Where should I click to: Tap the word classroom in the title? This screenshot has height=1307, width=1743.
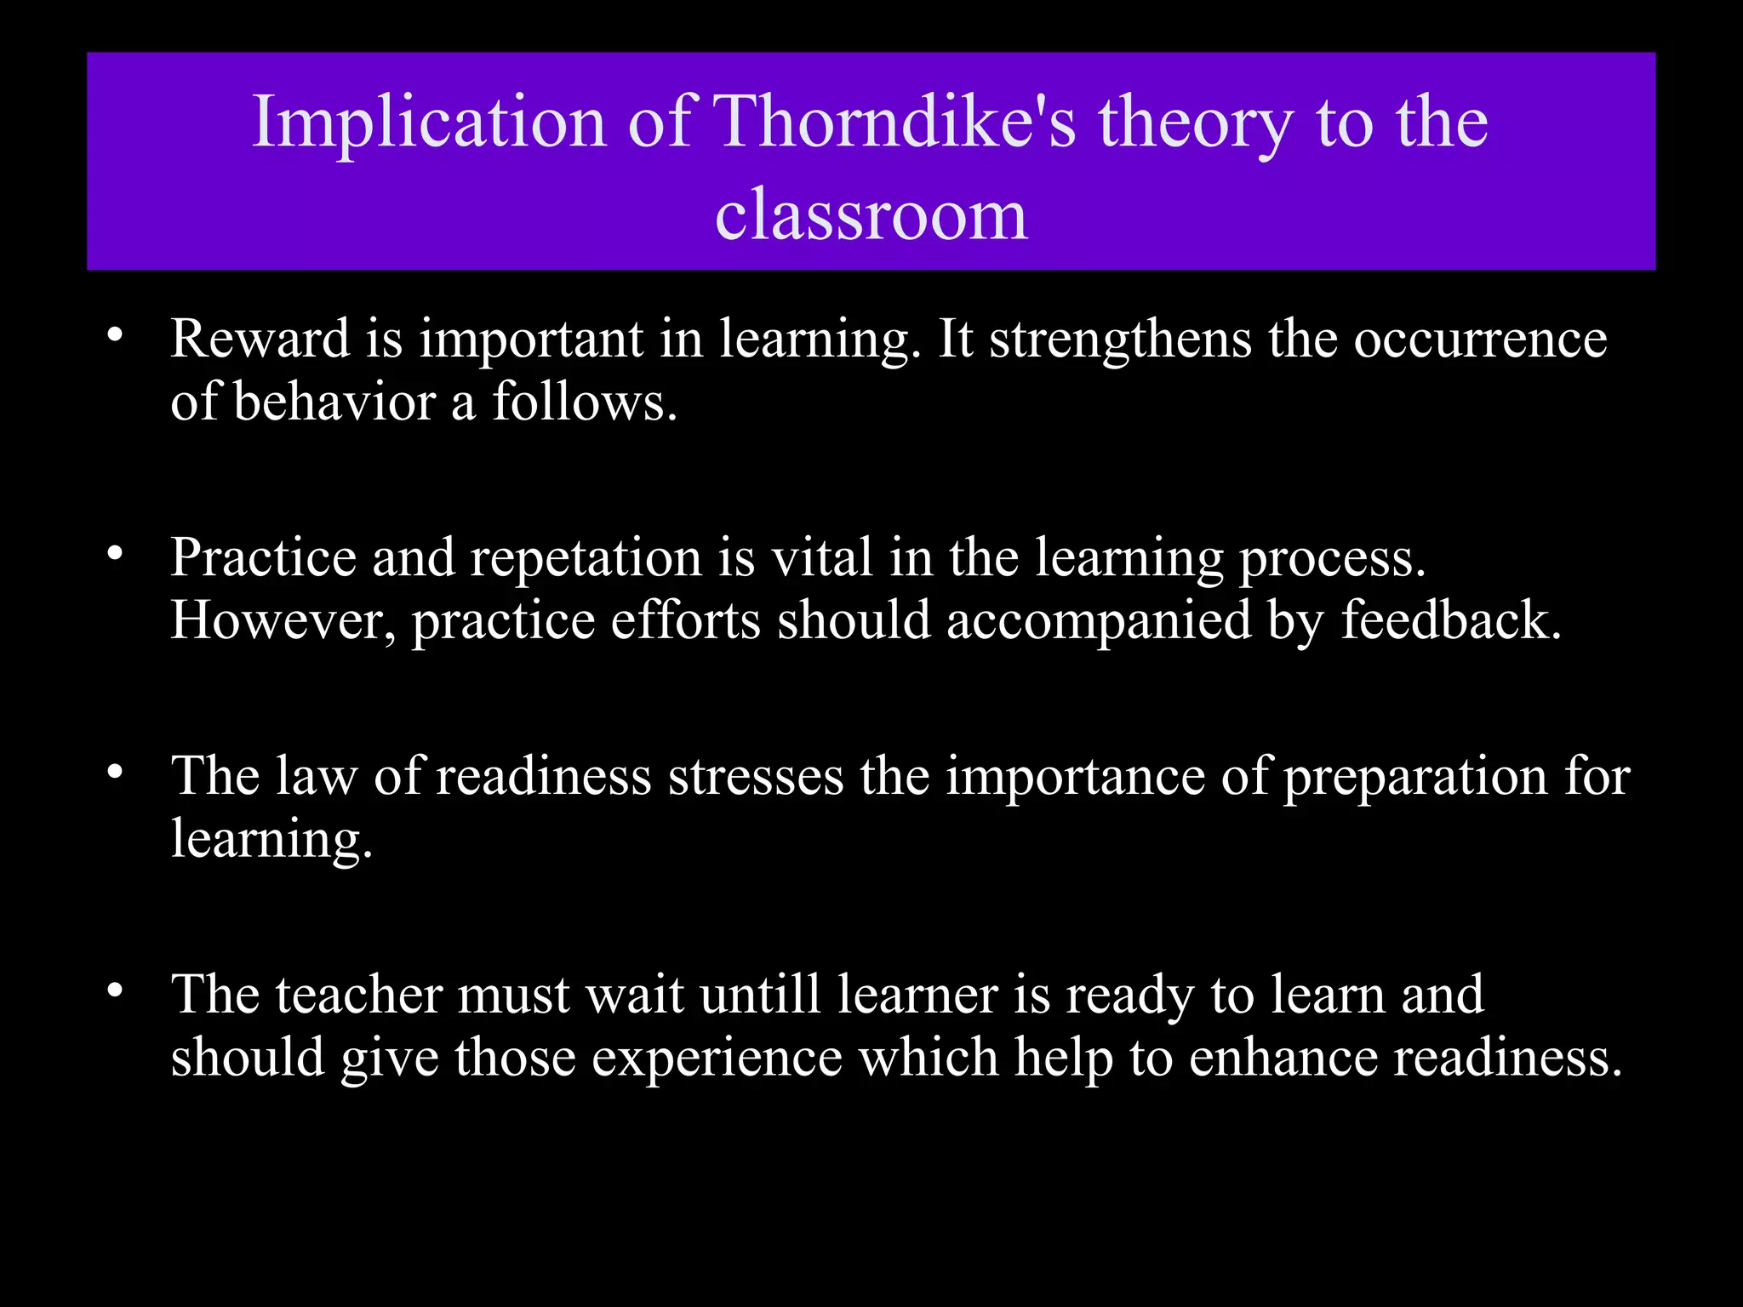tap(871, 215)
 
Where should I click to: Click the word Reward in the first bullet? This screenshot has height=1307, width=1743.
tap(260, 340)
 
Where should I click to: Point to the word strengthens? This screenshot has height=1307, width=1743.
tap(1120, 340)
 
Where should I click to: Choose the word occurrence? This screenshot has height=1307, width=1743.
tap(1480, 340)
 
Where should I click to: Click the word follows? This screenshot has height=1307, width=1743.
tap(585, 402)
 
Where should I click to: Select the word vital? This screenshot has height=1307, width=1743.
tap(822, 558)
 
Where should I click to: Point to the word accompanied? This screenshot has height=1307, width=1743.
tap(1099, 620)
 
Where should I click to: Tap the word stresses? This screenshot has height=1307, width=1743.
tap(755, 777)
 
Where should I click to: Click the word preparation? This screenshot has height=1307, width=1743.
tap(1414, 777)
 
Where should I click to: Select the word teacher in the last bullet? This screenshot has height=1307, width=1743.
tap(358, 995)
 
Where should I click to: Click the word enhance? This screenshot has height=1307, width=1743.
tap(1283, 1058)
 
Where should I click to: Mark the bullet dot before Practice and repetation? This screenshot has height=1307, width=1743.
tap(116, 556)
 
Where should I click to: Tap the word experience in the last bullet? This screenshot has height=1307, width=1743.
tap(717, 1058)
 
